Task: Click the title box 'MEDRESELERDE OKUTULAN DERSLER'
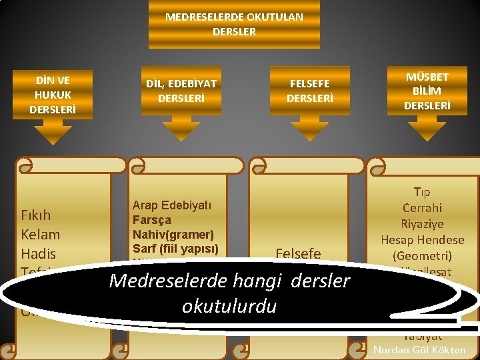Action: pyautogui.click(x=234, y=25)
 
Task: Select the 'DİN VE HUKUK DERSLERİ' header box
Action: pyautogui.click(x=53, y=94)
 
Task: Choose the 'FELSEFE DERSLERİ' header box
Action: pyautogui.click(x=309, y=91)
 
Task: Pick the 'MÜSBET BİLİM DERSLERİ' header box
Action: pyautogui.click(x=427, y=91)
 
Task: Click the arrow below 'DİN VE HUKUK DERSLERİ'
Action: pyautogui.click(x=53, y=135)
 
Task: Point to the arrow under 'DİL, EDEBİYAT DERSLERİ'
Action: pyautogui.click(x=181, y=130)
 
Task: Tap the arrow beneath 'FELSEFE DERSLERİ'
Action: pyautogui.click(x=309, y=130)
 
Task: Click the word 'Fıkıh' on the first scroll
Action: pyautogui.click(x=36, y=215)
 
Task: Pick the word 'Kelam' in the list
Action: pyautogui.click(x=40, y=235)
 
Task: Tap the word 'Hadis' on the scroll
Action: pyautogui.click(x=39, y=254)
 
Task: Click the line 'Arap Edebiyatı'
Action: pyautogui.click(x=171, y=205)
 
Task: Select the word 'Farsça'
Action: pyautogui.click(x=152, y=220)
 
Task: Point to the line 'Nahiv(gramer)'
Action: pyautogui.click(x=173, y=235)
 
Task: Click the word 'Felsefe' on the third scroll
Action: pyautogui.click(x=298, y=254)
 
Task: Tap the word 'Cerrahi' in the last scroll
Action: pyautogui.click(x=422, y=208)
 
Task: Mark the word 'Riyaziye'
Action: pyautogui.click(x=422, y=224)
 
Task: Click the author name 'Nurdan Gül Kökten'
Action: pyautogui.click(x=420, y=351)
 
